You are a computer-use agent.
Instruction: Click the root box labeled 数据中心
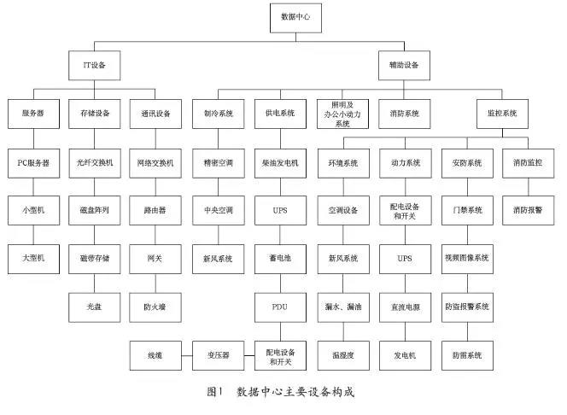(x=295, y=18)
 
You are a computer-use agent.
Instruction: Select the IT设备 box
(x=95, y=66)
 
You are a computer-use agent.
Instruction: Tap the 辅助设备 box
(x=404, y=66)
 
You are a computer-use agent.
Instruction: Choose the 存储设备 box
(x=95, y=114)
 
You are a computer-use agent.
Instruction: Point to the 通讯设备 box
(x=155, y=114)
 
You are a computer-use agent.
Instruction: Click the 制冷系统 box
(x=219, y=114)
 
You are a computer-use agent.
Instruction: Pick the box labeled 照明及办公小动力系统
(x=342, y=114)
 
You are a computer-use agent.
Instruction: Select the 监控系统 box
(x=502, y=114)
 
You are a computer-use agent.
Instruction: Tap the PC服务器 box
(x=33, y=163)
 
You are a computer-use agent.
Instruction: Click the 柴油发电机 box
(x=280, y=163)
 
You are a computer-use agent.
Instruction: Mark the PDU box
(x=280, y=307)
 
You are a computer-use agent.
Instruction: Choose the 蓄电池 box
(x=280, y=259)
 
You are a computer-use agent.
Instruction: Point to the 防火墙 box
(x=155, y=307)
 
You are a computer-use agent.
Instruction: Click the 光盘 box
(x=95, y=307)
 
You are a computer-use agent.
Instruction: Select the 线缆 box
(x=155, y=355)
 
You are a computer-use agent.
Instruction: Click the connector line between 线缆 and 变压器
(x=187, y=356)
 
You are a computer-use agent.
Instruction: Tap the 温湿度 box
(x=343, y=355)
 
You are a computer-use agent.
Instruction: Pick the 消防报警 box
(x=529, y=210)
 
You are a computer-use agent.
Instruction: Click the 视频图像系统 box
(x=467, y=259)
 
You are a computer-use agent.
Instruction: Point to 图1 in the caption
(x=214, y=391)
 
